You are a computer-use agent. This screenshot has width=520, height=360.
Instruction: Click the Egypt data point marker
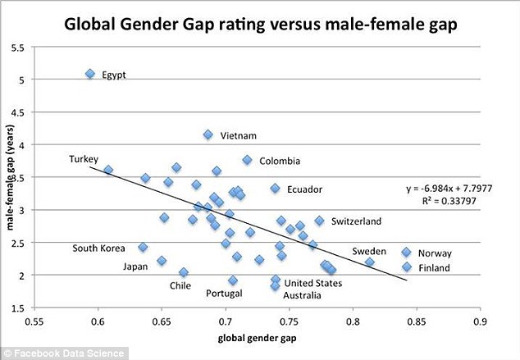coord(90,74)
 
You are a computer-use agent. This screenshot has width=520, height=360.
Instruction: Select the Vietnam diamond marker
coord(208,134)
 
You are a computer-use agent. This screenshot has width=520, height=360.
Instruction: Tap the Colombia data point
coord(248,160)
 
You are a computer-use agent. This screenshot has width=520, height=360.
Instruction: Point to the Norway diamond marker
coord(407,253)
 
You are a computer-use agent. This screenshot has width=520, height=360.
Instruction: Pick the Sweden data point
coord(370,262)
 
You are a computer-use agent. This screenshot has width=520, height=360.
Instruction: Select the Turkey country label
coord(84,158)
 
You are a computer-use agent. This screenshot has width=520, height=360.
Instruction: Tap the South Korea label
coord(98,248)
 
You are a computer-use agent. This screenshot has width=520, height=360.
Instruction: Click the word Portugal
coord(224,294)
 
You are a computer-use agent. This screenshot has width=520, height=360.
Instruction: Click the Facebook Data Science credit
coord(64,353)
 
